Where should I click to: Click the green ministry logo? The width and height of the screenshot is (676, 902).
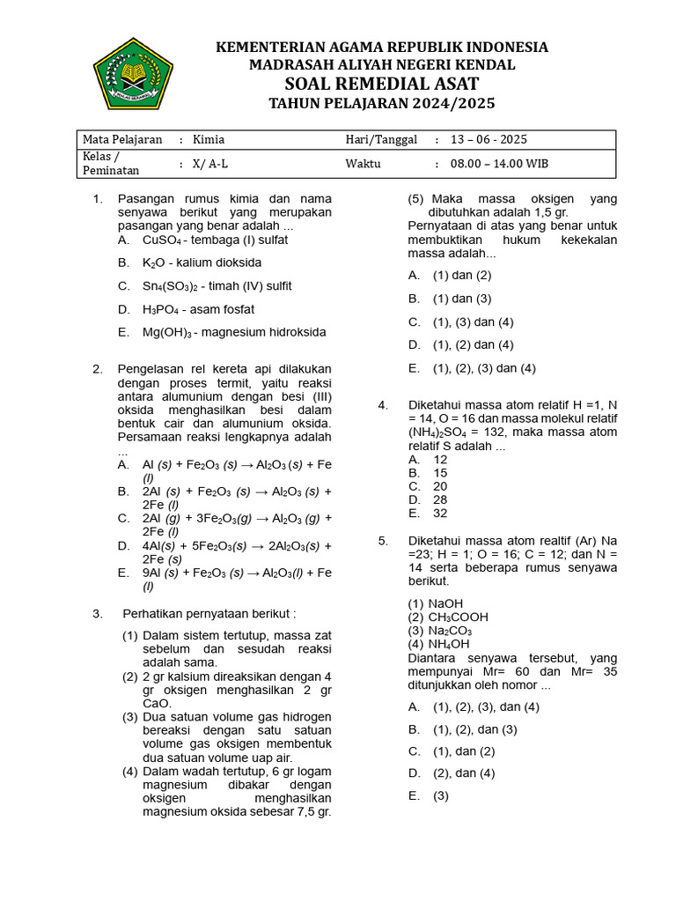tap(134, 73)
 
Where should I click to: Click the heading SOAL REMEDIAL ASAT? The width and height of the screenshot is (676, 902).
tap(382, 84)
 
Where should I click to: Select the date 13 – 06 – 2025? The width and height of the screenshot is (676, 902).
tap(489, 139)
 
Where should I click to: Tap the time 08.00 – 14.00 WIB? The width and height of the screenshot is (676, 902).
tap(500, 164)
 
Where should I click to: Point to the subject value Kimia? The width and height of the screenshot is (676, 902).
tap(209, 139)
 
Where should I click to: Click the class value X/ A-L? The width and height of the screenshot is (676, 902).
tap(210, 164)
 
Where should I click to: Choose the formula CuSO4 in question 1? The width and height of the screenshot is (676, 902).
tap(162, 240)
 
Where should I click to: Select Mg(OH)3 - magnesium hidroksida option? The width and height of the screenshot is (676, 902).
tap(233, 332)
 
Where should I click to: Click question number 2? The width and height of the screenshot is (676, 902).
tap(98, 369)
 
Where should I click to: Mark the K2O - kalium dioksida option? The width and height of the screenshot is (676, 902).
tap(202, 262)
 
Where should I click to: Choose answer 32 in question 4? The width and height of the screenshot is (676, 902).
tap(440, 513)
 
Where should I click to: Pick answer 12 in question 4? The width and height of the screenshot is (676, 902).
tap(440, 459)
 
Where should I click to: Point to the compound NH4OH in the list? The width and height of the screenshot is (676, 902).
tap(449, 644)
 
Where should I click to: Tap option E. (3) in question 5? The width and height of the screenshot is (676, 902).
tap(441, 795)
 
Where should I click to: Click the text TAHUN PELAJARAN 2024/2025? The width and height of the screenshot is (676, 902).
tap(382, 104)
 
